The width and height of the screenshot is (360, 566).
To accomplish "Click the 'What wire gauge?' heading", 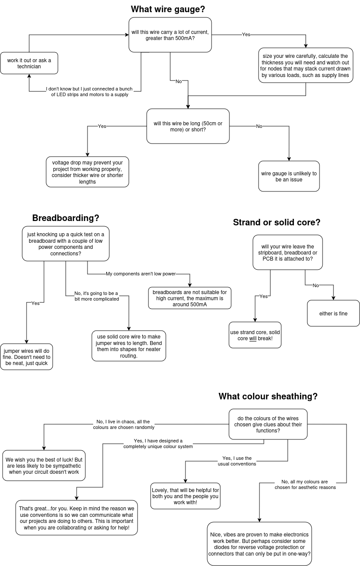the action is [x=168, y=9].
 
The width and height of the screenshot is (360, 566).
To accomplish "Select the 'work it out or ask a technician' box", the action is [x=29, y=63].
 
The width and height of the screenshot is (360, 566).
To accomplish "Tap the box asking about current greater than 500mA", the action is [x=170, y=35].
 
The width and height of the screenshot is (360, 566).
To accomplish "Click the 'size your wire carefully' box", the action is [x=306, y=65].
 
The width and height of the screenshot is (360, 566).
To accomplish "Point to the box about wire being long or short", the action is [x=188, y=126].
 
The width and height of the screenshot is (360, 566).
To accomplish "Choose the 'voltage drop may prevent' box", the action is [x=87, y=172].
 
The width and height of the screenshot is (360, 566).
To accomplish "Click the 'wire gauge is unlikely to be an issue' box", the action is [x=289, y=176].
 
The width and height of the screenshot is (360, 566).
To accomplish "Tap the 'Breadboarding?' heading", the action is [x=66, y=218].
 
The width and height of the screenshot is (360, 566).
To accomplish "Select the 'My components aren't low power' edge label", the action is [x=141, y=274].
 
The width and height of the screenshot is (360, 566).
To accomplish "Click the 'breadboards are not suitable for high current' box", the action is [x=190, y=298].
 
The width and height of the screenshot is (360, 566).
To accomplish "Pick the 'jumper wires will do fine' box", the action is [x=27, y=357].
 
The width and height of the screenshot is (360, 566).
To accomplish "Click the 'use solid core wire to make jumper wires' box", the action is [x=129, y=346].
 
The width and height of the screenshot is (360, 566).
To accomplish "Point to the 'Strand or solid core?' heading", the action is [x=276, y=222].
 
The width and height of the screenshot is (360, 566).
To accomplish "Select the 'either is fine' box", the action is [x=333, y=313].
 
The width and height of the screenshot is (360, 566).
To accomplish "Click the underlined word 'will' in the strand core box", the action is [x=253, y=338].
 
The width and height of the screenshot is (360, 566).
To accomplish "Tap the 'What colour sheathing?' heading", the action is [x=268, y=396].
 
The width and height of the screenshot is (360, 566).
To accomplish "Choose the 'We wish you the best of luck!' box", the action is [x=44, y=466].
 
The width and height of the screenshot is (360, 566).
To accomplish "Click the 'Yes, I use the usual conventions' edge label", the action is [x=237, y=461].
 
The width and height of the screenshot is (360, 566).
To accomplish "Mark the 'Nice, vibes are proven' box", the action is [x=259, y=544].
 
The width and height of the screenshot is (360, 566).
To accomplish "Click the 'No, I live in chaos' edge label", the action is [x=124, y=424].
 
